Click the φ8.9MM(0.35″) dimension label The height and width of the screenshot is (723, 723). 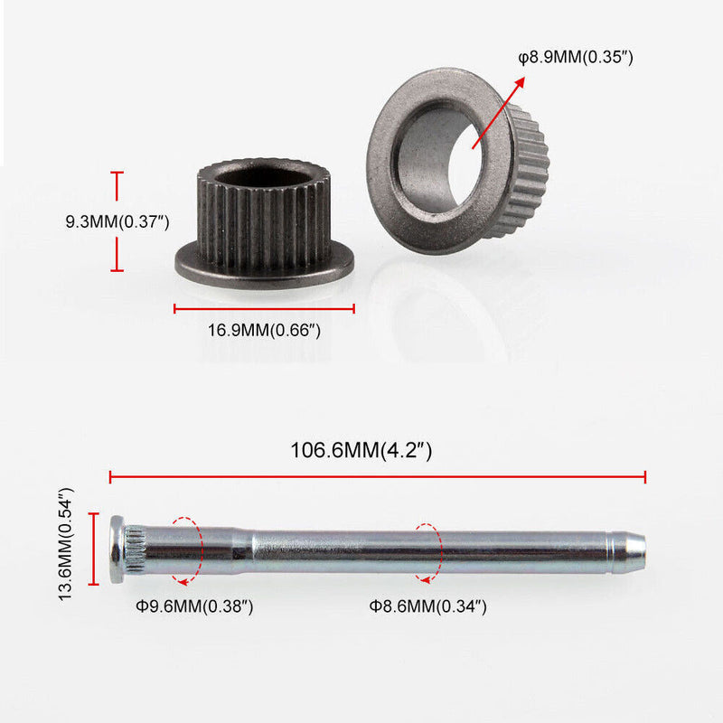(x=576, y=58)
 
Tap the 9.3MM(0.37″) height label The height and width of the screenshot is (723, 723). (x=117, y=221)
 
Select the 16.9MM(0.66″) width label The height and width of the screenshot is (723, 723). (x=264, y=330)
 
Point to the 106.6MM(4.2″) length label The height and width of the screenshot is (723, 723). (x=361, y=450)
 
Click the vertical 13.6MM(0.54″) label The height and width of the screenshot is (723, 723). (x=66, y=544)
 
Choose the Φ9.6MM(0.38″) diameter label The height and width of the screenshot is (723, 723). (x=194, y=606)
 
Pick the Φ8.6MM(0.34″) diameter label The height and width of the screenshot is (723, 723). (x=427, y=606)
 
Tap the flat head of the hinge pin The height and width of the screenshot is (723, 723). (x=117, y=549)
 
